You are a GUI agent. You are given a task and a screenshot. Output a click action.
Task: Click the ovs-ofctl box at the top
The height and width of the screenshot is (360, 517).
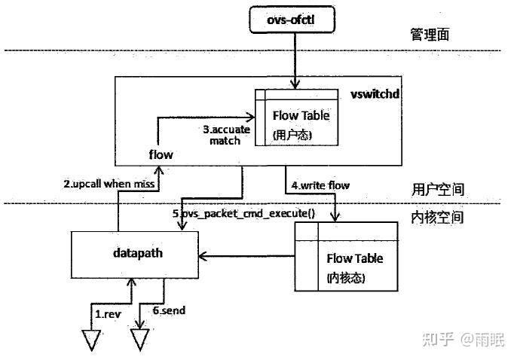pyautogui.click(x=291, y=20)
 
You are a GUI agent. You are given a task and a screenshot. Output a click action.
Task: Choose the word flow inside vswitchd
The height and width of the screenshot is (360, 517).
pyautogui.click(x=161, y=154)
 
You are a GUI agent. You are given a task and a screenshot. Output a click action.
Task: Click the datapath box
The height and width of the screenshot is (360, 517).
pyautogui.click(x=136, y=254)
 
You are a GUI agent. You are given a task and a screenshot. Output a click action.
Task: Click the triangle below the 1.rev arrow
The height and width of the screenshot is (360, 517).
pyautogui.click(x=91, y=340)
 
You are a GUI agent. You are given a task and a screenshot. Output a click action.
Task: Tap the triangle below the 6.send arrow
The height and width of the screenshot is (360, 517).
pyautogui.click(x=141, y=340)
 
